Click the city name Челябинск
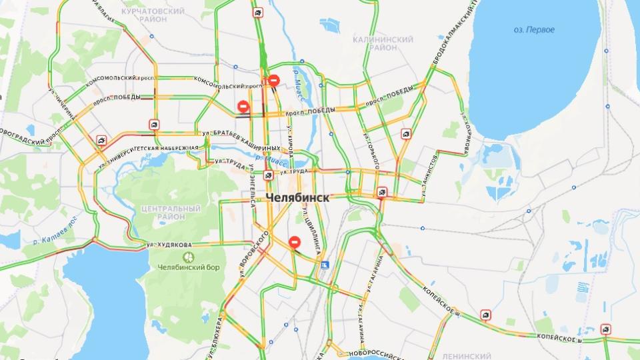297,197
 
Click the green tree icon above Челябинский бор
188,256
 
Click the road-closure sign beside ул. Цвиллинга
295,243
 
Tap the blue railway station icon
325,265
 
